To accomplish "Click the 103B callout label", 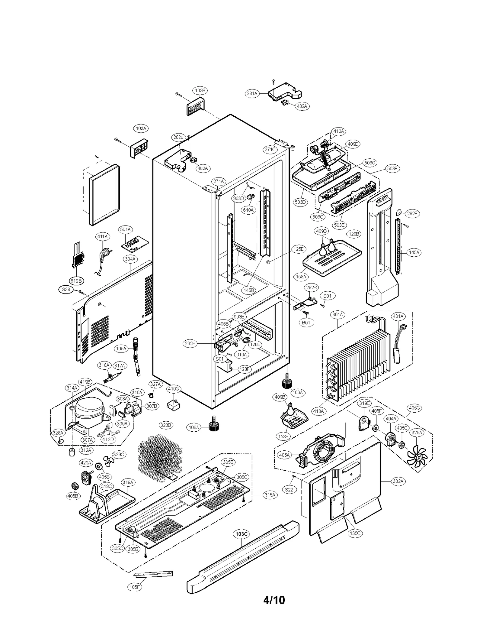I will [x=200, y=90].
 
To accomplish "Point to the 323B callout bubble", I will [x=166, y=425].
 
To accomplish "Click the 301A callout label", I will [x=337, y=315].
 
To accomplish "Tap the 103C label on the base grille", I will [x=241, y=534].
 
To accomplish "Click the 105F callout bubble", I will [x=135, y=587].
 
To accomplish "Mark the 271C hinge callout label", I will [x=270, y=149].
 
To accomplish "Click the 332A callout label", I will [x=398, y=481].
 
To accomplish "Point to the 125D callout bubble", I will [x=299, y=249].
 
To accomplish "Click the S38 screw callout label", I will [x=66, y=289].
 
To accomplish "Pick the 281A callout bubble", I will [x=252, y=93].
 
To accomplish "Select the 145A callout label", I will [x=414, y=252].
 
